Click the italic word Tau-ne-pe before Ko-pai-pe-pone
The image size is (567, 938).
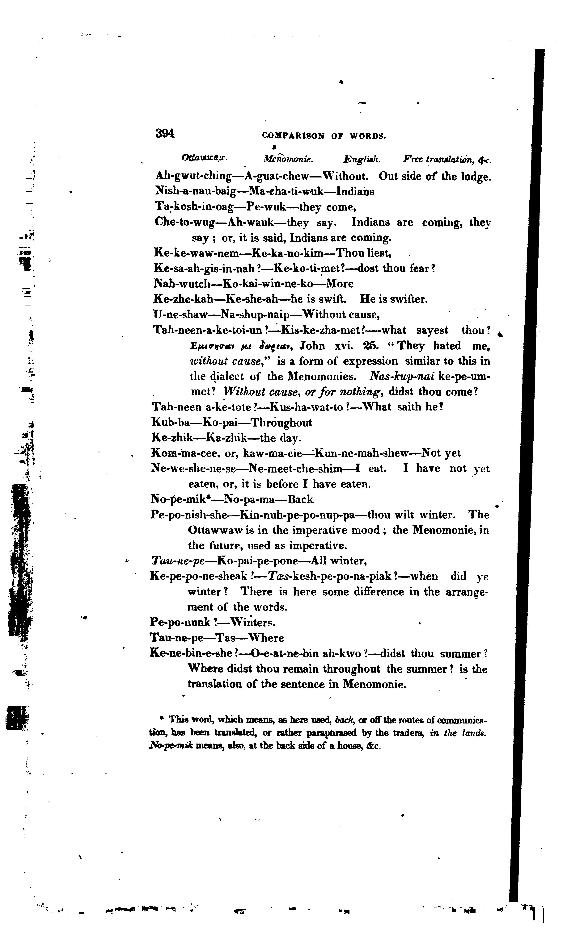[x=178, y=561]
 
